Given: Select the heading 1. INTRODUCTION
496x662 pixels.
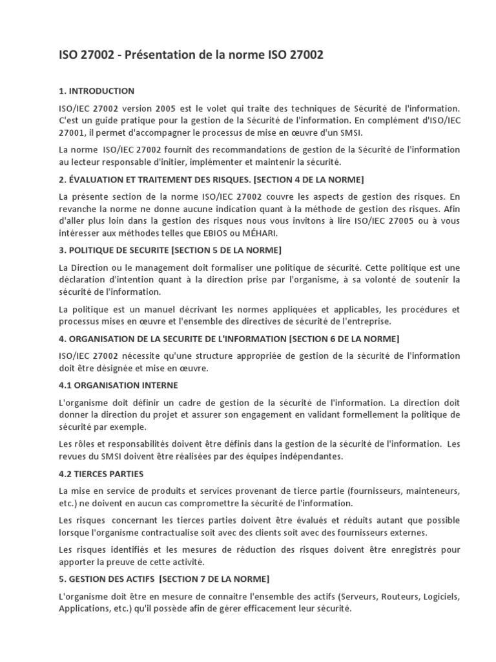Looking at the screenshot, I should pos(96,91).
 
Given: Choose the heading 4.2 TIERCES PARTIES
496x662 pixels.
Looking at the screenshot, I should pos(101,474).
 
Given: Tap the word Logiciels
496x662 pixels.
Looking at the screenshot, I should pos(439,597).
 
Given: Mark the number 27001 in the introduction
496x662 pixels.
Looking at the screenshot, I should pos(72,133).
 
